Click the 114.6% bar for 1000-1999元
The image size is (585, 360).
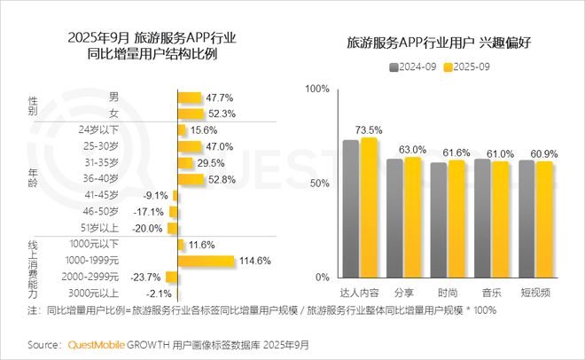tap(206, 261)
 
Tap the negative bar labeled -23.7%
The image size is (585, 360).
tap(172, 277)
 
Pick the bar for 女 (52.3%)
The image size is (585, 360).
tap(190, 113)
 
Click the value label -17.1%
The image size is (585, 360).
tap(149, 212)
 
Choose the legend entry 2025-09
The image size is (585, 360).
tap(468, 67)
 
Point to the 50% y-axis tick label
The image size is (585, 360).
tap(317, 184)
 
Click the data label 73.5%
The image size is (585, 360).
tap(368, 129)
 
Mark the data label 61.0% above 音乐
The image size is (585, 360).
tap(500, 153)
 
